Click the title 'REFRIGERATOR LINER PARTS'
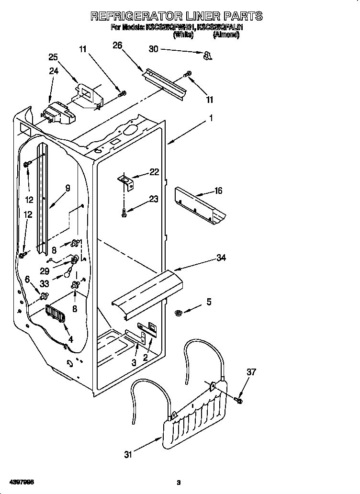tap(177, 16)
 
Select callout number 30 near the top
tap(153, 49)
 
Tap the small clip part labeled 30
tap(207, 56)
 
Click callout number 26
tap(117, 45)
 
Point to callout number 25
tap(53, 57)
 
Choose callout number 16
tap(218, 191)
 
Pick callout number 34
tap(221, 258)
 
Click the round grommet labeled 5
tap(178, 313)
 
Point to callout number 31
tap(128, 455)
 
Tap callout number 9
tap(67, 188)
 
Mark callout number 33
tap(45, 283)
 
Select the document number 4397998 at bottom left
tap(20, 481)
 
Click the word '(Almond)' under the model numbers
tap(226, 35)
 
